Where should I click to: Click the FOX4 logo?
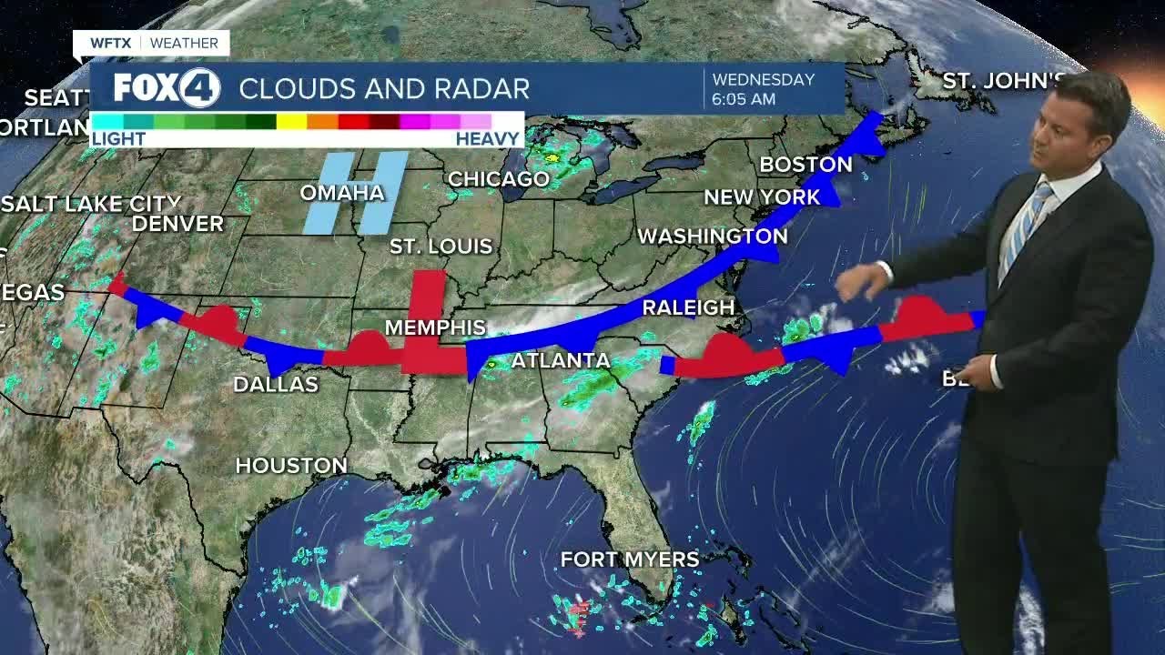coord(167,88)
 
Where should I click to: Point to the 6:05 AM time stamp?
coord(744,99)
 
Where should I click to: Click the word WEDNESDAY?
coord(763,79)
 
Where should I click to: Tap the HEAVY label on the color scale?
coord(487,139)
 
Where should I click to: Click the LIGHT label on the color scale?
coord(118,139)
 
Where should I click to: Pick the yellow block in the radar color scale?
coord(291,121)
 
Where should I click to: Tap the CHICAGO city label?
coord(498,179)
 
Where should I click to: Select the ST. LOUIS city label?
coord(441,247)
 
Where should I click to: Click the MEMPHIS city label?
coord(435,327)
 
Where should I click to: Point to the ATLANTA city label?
coord(561,361)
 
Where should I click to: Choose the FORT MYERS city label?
coord(629,559)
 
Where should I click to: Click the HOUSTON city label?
coord(291,466)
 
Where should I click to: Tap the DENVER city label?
coord(177,224)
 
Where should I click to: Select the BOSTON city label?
coord(805,165)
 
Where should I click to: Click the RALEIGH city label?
coord(688,307)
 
